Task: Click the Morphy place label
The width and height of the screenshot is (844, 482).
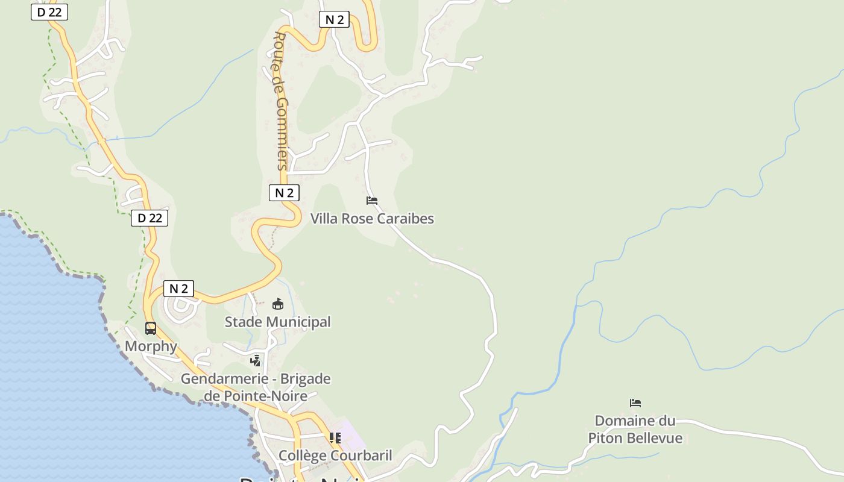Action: pyautogui.click(x=151, y=346)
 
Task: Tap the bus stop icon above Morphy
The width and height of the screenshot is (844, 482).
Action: pyautogui.click(x=151, y=328)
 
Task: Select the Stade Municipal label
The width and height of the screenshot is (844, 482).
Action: pyautogui.click(x=278, y=322)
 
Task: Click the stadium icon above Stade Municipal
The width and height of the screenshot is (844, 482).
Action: pyautogui.click(x=278, y=304)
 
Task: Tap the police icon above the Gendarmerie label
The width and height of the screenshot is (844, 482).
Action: pyautogui.click(x=256, y=360)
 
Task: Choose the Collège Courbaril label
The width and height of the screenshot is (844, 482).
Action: pyautogui.click(x=335, y=455)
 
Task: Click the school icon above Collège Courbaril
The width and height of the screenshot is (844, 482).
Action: pyautogui.click(x=335, y=438)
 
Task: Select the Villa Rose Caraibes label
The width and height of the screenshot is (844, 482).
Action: pyautogui.click(x=372, y=218)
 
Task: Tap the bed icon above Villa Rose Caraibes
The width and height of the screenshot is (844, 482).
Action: pyautogui.click(x=372, y=201)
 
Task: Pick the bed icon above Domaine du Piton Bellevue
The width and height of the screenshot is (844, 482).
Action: pyautogui.click(x=635, y=403)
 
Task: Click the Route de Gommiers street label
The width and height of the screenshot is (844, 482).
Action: pyautogui.click(x=281, y=101)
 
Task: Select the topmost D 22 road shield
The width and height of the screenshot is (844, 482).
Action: pyautogui.click(x=49, y=12)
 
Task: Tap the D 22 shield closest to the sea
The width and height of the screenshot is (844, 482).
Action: pyautogui.click(x=150, y=218)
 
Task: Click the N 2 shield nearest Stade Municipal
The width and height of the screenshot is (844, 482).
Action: pyautogui.click(x=178, y=289)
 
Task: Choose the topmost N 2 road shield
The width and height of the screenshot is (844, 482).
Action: pyautogui.click(x=334, y=20)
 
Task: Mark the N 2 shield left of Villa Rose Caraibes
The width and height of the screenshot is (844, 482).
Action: pyautogui.click(x=284, y=193)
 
